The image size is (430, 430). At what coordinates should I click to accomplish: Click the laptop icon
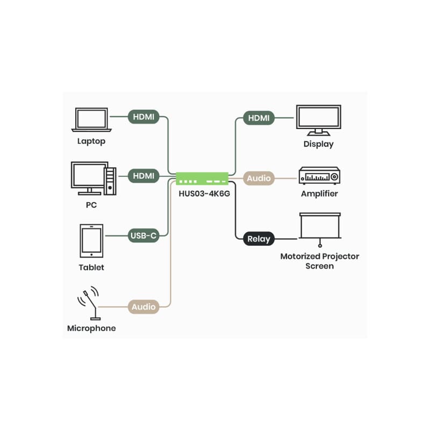(x=91, y=121)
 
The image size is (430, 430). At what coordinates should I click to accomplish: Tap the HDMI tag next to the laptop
(x=144, y=117)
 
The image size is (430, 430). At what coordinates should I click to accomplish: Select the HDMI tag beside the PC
(x=144, y=176)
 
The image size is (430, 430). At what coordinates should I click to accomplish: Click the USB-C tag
(x=144, y=235)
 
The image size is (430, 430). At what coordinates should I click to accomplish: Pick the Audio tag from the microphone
(x=144, y=307)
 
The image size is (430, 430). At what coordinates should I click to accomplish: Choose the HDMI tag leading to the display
(x=259, y=118)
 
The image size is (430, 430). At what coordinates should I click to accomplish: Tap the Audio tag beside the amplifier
(x=259, y=178)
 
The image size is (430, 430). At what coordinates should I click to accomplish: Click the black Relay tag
(x=259, y=238)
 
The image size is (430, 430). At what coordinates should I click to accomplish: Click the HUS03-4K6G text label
(x=203, y=193)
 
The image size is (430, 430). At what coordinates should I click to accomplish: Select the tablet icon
(x=91, y=241)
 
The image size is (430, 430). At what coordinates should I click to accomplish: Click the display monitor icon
(x=319, y=120)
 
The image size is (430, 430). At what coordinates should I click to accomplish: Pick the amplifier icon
(x=319, y=176)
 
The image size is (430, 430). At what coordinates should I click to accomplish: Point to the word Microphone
(x=91, y=328)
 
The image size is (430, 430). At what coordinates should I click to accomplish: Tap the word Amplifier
(x=319, y=193)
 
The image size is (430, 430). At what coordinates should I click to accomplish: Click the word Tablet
(x=91, y=267)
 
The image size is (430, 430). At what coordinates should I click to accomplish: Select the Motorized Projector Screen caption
(x=320, y=261)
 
